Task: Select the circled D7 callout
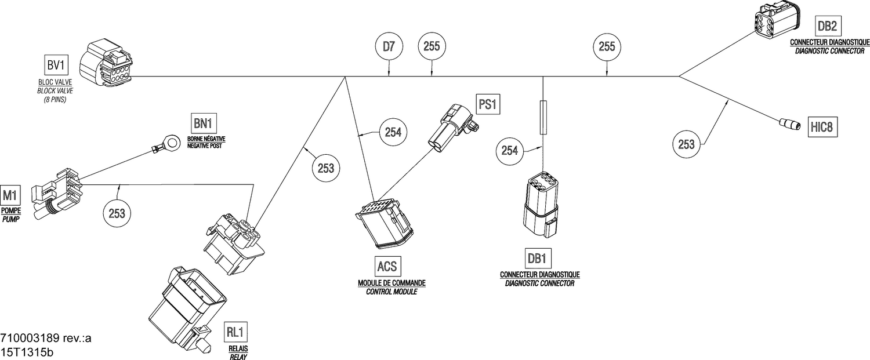coord(389,48)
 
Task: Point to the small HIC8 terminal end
coord(789,123)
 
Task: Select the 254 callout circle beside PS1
coord(393,132)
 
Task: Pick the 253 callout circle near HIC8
coord(687,144)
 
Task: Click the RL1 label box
coord(236,333)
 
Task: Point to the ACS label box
coord(387,266)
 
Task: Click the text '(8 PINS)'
coord(56,99)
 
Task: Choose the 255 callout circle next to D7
coord(432,48)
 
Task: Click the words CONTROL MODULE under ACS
coord(391,292)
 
